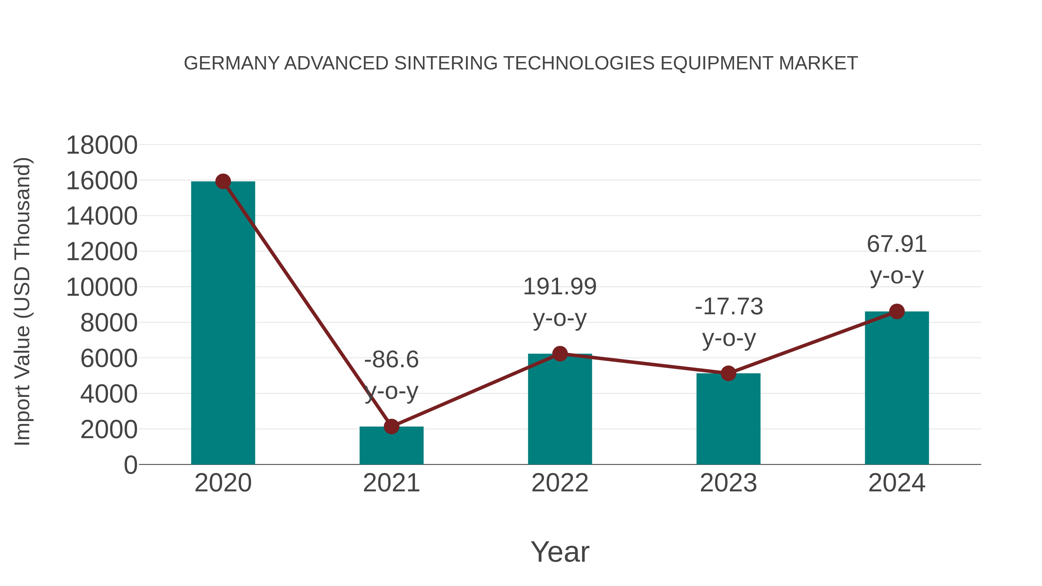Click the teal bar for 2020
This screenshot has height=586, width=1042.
[223, 324]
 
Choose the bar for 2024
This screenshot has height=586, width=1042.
[897, 388]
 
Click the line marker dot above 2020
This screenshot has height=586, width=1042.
[223, 181]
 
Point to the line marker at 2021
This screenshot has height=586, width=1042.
[391, 426]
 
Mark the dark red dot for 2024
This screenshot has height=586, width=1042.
[897, 311]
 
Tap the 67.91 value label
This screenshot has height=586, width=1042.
[897, 245]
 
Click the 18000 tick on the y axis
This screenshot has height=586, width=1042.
[102, 146]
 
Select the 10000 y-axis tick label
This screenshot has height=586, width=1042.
[102, 288]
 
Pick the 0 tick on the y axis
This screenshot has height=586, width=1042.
[130, 465]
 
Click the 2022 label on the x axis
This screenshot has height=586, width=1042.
[560, 483]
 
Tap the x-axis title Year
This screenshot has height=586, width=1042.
[560, 552]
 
